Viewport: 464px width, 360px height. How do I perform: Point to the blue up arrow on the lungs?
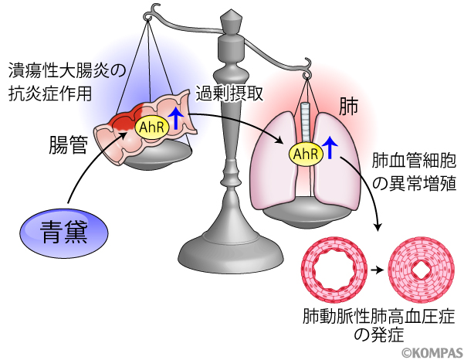click(331, 147)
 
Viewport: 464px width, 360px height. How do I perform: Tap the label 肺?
click(349, 107)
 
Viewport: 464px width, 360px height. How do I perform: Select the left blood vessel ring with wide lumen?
click(334, 271)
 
